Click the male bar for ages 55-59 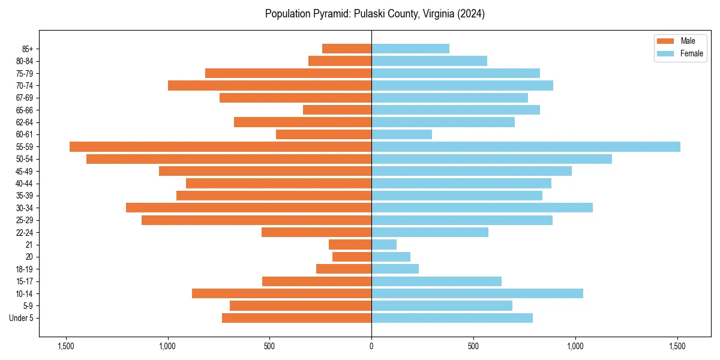pos(220,147)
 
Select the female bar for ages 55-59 pos(526,147)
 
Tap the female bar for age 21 pos(384,245)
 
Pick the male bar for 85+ pos(347,49)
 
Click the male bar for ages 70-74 pos(269,86)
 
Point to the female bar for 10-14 pos(477,293)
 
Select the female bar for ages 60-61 pos(401,134)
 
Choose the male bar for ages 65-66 pos(337,110)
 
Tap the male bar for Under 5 pos(296,318)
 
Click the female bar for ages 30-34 pos(482,208)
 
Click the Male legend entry pos(680,41)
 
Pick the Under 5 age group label pos(21,318)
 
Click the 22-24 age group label pos(24,232)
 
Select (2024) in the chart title pos(470,14)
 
